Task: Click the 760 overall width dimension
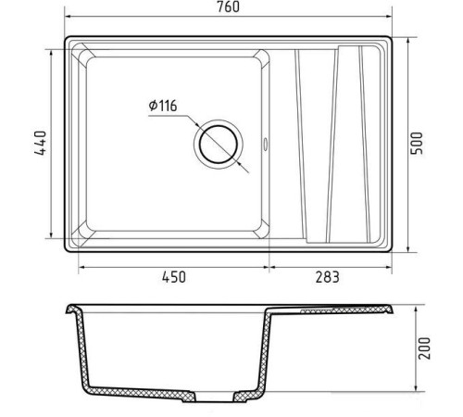(x=228, y=7)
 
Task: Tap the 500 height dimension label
(x=417, y=144)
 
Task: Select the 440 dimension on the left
(x=41, y=143)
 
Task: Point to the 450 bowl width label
(x=174, y=277)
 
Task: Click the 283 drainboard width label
(x=327, y=277)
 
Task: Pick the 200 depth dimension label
(x=424, y=348)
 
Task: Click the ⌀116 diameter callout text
(x=163, y=106)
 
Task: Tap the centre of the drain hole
(x=219, y=145)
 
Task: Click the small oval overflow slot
(x=265, y=145)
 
